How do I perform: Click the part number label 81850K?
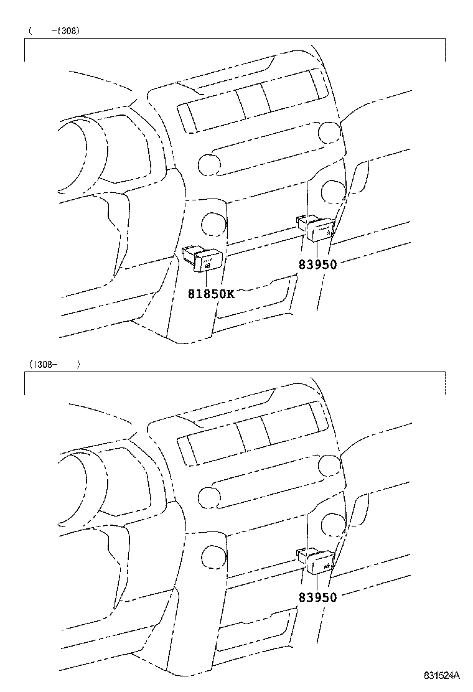click(212, 294)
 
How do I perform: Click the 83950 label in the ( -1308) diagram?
click(317, 264)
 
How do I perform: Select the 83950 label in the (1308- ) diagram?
click(317, 597)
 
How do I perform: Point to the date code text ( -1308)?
click(54, 31)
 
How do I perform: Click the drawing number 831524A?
click(442, 675)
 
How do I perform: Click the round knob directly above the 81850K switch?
click(214, 224)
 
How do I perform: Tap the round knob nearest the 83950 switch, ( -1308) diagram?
click(334, 191)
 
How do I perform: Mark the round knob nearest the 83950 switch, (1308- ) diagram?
click(334, 524)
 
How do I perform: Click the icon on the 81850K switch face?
click(207, 266)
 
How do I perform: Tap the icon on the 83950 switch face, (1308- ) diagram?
click(327, 566)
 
